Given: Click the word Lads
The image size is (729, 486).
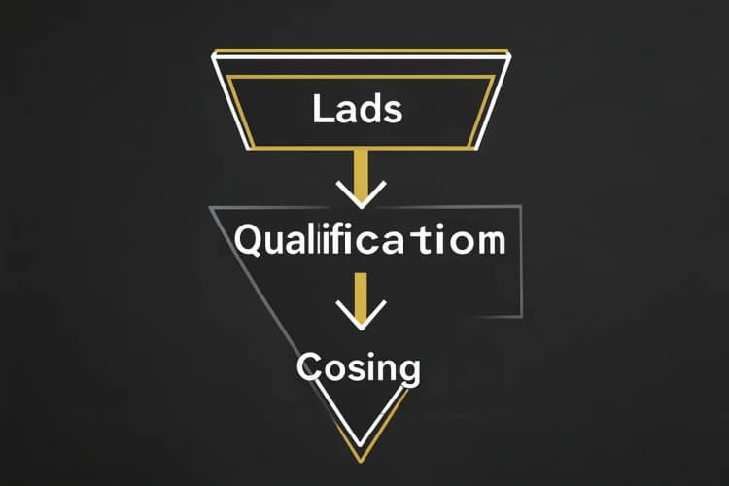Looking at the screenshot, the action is (357, 108).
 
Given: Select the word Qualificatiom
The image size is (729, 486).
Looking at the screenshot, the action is (369, 239).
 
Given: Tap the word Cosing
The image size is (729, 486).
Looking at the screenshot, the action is (359, 368).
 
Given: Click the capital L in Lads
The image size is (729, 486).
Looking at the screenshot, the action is (322, 108).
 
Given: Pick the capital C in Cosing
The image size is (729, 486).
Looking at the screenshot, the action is (307, 366).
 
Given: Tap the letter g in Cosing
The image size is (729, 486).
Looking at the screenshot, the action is (408, 371).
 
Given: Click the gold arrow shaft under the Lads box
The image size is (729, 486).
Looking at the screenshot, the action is (362, 172).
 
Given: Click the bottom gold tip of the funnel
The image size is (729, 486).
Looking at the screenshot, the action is (361, 462).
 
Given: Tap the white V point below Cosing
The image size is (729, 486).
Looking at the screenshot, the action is (360, 445).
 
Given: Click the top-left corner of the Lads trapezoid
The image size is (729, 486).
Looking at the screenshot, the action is (214, 55).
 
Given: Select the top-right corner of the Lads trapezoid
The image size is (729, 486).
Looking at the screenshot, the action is (509, 55).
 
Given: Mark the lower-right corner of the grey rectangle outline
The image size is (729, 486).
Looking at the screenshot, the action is (521, 316).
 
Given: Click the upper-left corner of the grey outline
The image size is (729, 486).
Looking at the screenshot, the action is (212, 207).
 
